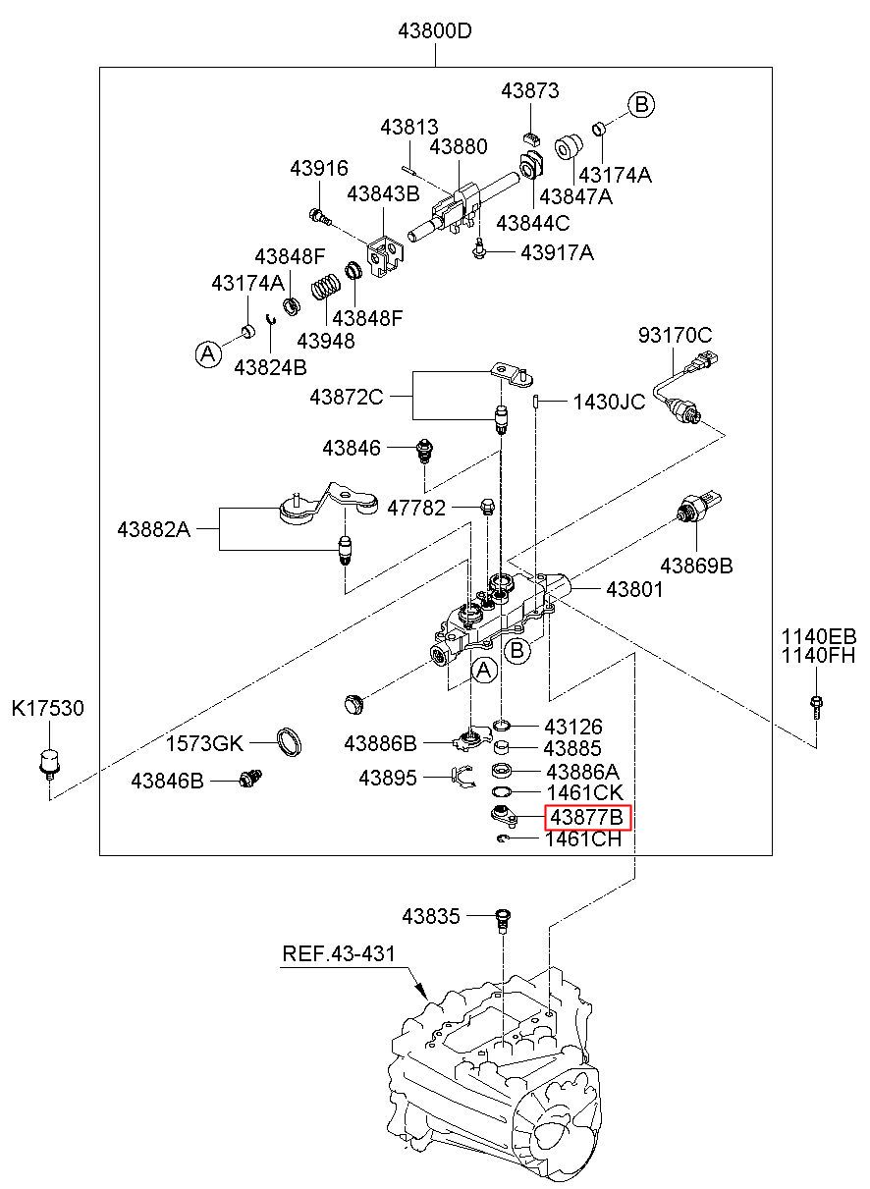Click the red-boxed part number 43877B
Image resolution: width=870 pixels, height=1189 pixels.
click(x=587, y=818)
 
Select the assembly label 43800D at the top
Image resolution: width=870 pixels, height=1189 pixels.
click(x=435, y=31)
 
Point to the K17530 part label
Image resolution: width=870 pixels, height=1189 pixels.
click(x=48, y=708)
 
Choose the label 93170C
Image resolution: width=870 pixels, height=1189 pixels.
click(x=676, y=335)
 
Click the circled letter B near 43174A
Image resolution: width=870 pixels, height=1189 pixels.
click(x=641, y=105)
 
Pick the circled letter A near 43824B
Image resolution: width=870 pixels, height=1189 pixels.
click(x=208, y=353)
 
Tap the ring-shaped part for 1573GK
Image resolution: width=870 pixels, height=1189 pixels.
click(x=290, y=741)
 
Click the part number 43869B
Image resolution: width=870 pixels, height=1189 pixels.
click(x=696, y=566)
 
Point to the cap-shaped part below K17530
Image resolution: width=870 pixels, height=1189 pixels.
click(x=49, y=764)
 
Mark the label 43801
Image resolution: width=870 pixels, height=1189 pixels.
click(x=634, y=589)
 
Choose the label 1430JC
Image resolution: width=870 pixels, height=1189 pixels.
click(x=610, y=403)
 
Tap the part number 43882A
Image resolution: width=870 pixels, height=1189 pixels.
click(x=154, y=529)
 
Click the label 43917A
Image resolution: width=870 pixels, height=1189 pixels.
click(x=557, y=252)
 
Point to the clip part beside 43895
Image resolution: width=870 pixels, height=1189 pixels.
click(x=462, y=777)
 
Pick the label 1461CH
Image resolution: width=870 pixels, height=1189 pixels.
click(x=584, y=838)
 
